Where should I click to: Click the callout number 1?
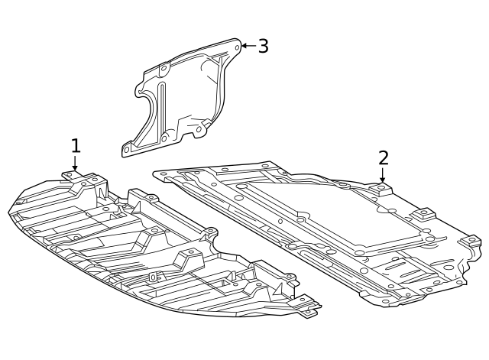coord(75,145)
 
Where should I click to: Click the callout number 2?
coord(383,158)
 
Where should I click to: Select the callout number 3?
coord(263,46)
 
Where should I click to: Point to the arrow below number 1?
coord(75,164)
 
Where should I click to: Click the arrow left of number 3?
coord(247,46)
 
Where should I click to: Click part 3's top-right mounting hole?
coord(237,47)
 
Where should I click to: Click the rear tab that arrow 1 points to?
coord(75,176)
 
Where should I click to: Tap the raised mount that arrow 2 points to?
coord(382,189)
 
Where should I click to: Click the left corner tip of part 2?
coord(156,174)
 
